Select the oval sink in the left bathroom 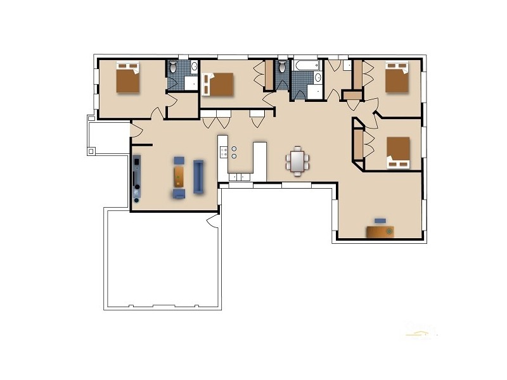tap(193, 66)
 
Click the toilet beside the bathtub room tap(283, 66)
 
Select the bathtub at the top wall tap(306, 65)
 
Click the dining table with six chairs tap(298, 160)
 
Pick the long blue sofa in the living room tap(198, 176)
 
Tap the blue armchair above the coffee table tap(180, 160)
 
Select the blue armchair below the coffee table tap(180, 192)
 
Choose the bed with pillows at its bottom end tap(398, 153)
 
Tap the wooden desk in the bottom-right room tap(380, 232)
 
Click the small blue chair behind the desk tap(380, 220)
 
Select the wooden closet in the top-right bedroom tap(357, 75)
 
